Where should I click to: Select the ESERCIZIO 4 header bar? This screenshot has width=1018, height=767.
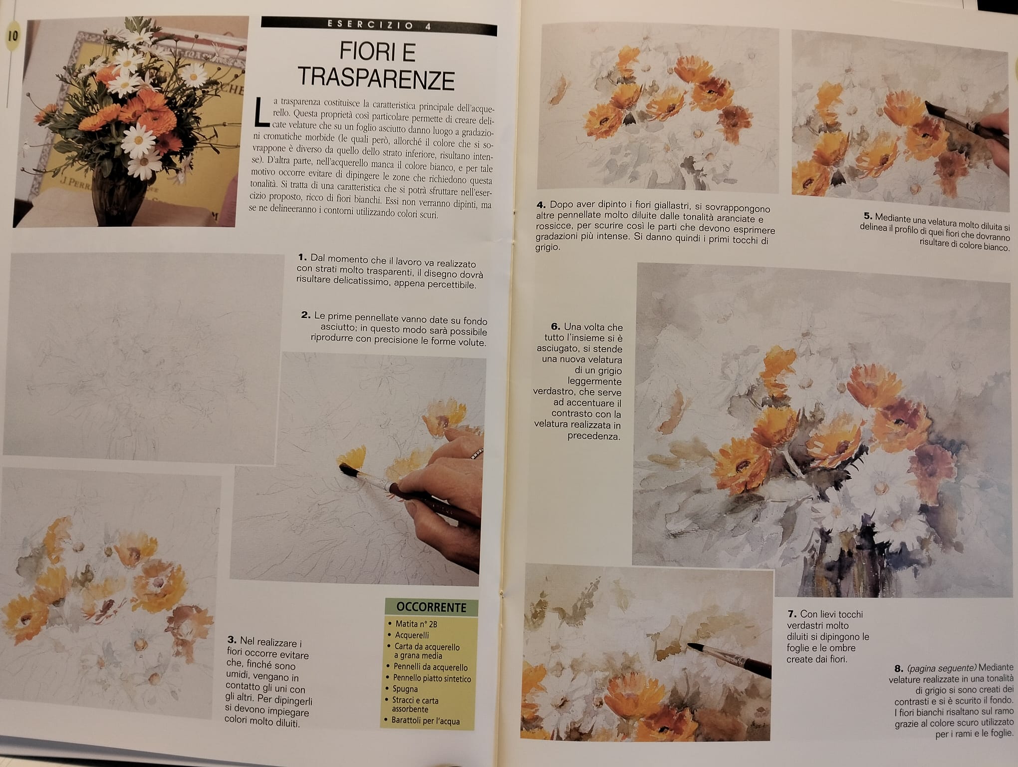[379, 25]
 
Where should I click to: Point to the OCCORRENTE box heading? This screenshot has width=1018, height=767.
[431, 607]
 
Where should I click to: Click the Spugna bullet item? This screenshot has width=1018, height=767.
[405, 689]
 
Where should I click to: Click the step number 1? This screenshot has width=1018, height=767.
[302, 258]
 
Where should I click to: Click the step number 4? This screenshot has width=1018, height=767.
[541, 205]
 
